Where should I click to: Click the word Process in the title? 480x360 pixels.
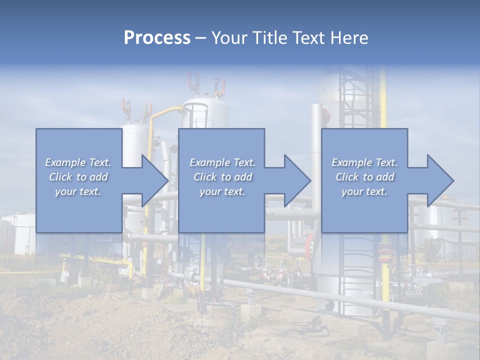tap(157, 38)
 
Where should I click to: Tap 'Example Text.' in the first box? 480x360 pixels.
tap(78, 162)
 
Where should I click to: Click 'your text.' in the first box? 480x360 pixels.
tap(78, 191)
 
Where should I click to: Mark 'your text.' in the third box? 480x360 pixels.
tap(365, 191)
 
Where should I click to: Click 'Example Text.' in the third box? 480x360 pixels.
tap(365, 162)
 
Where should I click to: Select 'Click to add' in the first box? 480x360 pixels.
tap(78, 177)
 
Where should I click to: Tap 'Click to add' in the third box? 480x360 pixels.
tap(365, 177)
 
